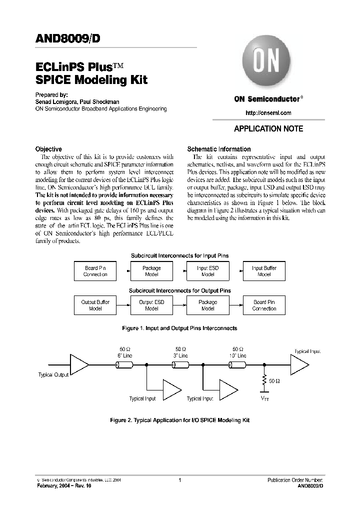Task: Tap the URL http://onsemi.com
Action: pos(268,113)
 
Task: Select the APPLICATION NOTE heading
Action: pos(268,129)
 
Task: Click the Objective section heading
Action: pos(48,149)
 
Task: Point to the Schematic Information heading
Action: pos(218,149)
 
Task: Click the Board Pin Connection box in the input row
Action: pos(95,271)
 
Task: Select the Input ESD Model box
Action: pos(207,271)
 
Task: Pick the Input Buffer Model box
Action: pos(264,271)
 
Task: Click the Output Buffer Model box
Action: pos(95,305)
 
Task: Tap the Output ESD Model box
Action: pos(151,305)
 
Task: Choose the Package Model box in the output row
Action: pos(207,305)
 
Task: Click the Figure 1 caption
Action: pos(179,328)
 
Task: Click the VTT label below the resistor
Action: pos(264,398)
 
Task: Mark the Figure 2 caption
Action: pos(179,420)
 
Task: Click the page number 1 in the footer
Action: pos(179,480)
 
